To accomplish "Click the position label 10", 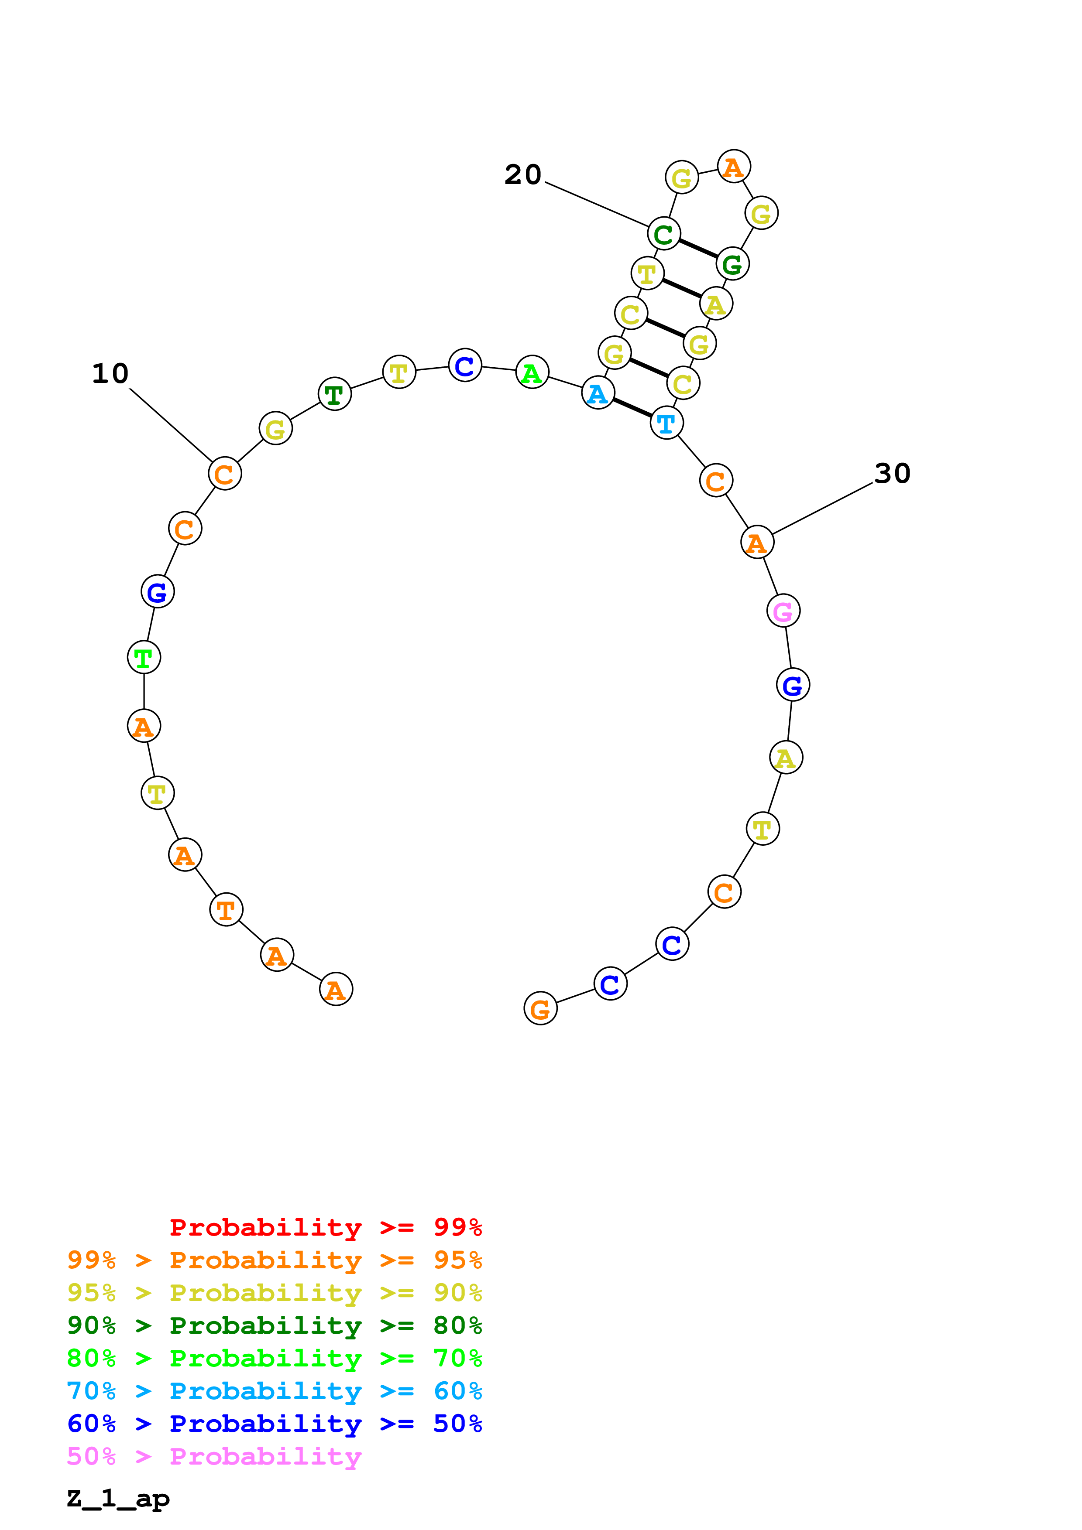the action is click(x=110, y=373).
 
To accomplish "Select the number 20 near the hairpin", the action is click(x=522, y=174).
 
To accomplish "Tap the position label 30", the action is click(x=892, y=473).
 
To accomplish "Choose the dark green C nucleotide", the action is click(x=664, y=234).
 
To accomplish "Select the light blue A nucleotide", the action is click(x=598, y=393).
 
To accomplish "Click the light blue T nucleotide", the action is click(x=666, y=423).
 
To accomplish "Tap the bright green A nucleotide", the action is click(x=532, y=372).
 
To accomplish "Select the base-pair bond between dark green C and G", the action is click(x=698, y=249).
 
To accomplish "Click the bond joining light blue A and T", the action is click(x=632, y=408).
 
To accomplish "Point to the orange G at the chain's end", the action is click(x=540, y=1009).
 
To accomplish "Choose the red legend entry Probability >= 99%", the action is click(x=325, y=1227).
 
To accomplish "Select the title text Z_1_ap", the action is click(x=118, y=1499).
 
